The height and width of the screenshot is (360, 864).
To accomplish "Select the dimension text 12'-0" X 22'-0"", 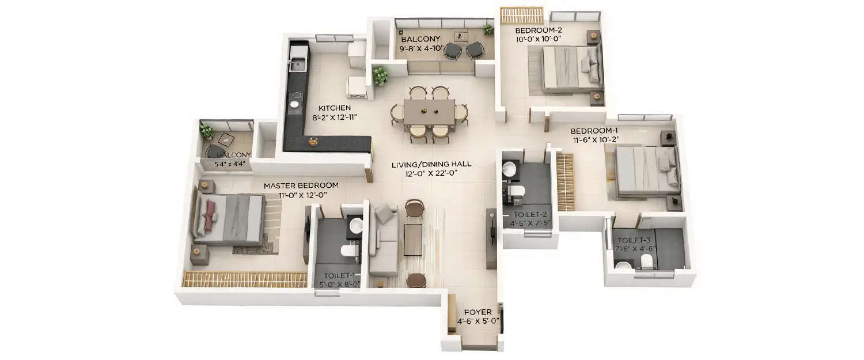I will coord(431,173).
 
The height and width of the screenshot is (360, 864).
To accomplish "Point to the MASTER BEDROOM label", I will coord(301,185).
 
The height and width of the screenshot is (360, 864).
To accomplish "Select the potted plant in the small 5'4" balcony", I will coord(206,130).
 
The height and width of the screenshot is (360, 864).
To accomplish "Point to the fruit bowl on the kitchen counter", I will coord(313,141).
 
